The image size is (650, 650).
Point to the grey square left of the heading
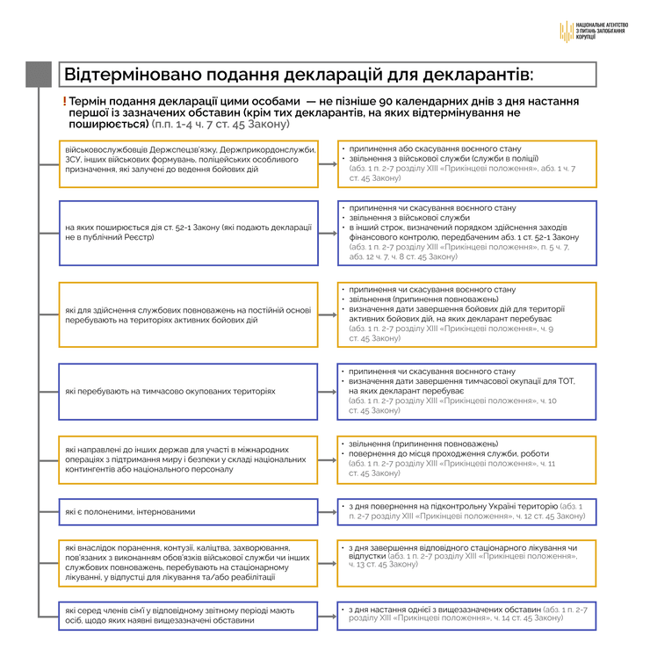pos(38,74)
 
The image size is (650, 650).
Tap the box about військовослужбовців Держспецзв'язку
pos(188,164)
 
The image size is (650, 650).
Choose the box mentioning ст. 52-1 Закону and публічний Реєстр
pos(188,233)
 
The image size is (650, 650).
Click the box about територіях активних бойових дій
pos(188,314)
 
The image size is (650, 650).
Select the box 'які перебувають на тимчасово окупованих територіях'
pos(188,391)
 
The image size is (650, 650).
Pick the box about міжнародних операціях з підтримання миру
pos(188,460)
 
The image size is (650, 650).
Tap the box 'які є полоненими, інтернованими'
pos(188,511)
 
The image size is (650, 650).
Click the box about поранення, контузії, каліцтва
pos(188,563)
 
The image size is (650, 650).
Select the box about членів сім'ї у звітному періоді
pos(188,615)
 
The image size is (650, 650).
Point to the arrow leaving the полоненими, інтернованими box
pos(328,511)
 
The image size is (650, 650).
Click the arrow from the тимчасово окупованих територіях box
pos(328,391)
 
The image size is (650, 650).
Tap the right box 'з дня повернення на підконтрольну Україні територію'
pos(466,511)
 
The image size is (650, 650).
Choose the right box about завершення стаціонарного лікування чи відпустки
pos(466,563)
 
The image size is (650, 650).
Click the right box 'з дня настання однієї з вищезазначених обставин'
pos(466,615)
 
